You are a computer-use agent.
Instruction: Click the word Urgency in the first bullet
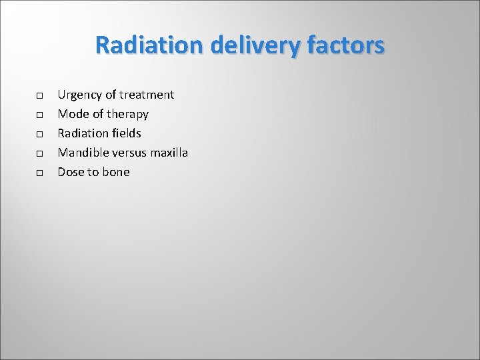[79, 95]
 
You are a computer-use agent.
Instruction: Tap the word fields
[125, 133]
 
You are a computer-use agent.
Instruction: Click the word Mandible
[83, 153]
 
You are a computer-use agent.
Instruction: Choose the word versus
[130, 153]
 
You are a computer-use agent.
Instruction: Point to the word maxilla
[169, 153]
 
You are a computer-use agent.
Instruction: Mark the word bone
[115, 172]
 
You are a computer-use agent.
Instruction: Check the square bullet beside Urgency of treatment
[40, 96]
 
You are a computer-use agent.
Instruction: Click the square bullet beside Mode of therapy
[40, 115]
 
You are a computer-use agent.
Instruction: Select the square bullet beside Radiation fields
[40, 135]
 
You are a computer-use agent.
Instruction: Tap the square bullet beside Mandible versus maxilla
[40, 154]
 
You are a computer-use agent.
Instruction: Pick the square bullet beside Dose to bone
[40, 173]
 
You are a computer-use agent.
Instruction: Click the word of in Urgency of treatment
[110, 95]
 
